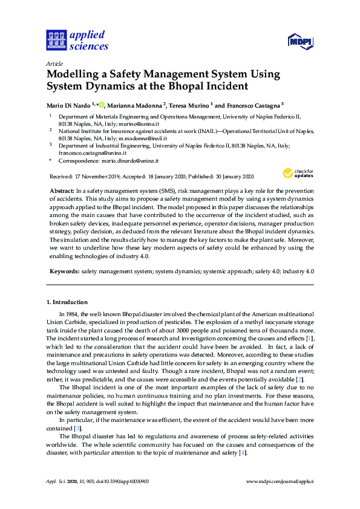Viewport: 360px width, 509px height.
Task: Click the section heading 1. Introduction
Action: tap(67, 302)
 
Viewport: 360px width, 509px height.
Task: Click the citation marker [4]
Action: tap(243, 453)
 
